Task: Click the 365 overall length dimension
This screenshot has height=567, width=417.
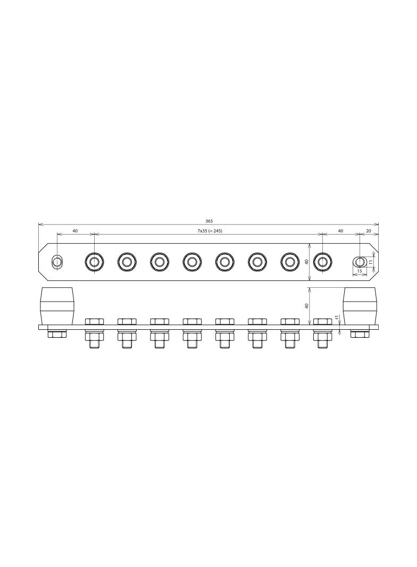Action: [209, 221]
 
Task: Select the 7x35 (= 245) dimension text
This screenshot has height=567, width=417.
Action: [207, 231]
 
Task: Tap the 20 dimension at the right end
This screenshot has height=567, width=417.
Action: [369, 231]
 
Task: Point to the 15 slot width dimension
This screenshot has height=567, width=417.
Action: [360, 271]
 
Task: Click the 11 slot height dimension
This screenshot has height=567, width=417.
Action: [370, 262]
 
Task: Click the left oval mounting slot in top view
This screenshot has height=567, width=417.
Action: [57, 261]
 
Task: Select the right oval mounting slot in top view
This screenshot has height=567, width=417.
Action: [360, 261]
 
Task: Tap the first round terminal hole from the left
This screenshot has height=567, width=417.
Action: [94, 261]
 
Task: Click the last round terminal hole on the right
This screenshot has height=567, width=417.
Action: [322, 261]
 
